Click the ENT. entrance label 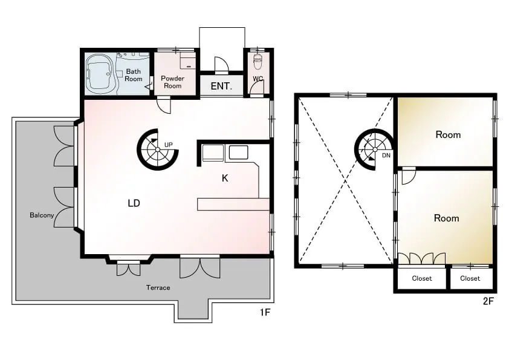tap(221, 86)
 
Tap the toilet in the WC tap(258, 61)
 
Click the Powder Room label tap(172, 82)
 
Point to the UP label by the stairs tap(169, 145)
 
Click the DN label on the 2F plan tap(386, 155)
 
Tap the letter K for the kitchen tap(225, 178)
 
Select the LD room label tap(134, 203)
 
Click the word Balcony tap(42, 215)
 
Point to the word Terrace tap(158, 287)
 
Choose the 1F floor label tap(265, 312)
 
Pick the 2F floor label tap(488, 301)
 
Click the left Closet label tap(422, 278)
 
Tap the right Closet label tap(470, 278)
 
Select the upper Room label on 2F tap(448, 134)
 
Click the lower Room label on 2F tap(446, 218)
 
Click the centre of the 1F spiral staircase tap(157, 149)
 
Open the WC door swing tap(258, 87)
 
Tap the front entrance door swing tap(222, 64)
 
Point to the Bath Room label tap(134, 75)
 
